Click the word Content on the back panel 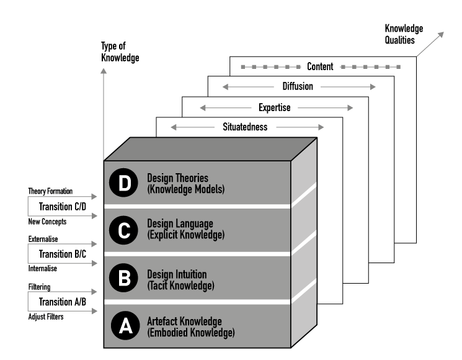tap(320, 66)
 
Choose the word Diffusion tap(298, 87)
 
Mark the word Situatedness tap(245, 127)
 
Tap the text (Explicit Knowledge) tap(185, 235)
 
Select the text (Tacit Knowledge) tap(180, 286)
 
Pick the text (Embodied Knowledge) tap(190, 333)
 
